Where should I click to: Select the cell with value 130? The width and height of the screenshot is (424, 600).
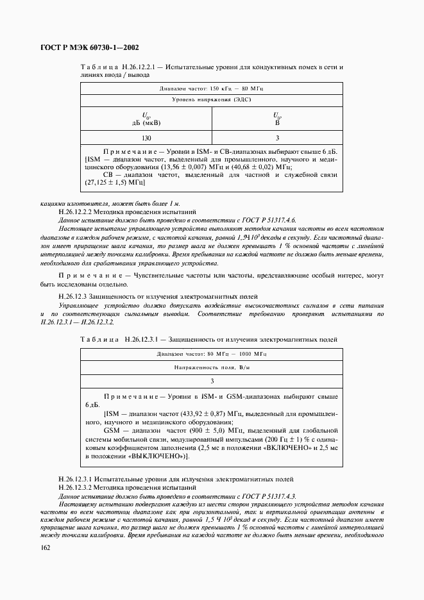pos(146,138)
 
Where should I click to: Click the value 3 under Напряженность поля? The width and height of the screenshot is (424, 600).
pos(212,381)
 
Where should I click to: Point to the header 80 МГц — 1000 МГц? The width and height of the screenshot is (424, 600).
pos(212,353)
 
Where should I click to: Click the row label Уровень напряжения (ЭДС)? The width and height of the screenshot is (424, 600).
pos(212,100)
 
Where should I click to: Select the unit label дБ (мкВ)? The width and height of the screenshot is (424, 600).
pos(146,122)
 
